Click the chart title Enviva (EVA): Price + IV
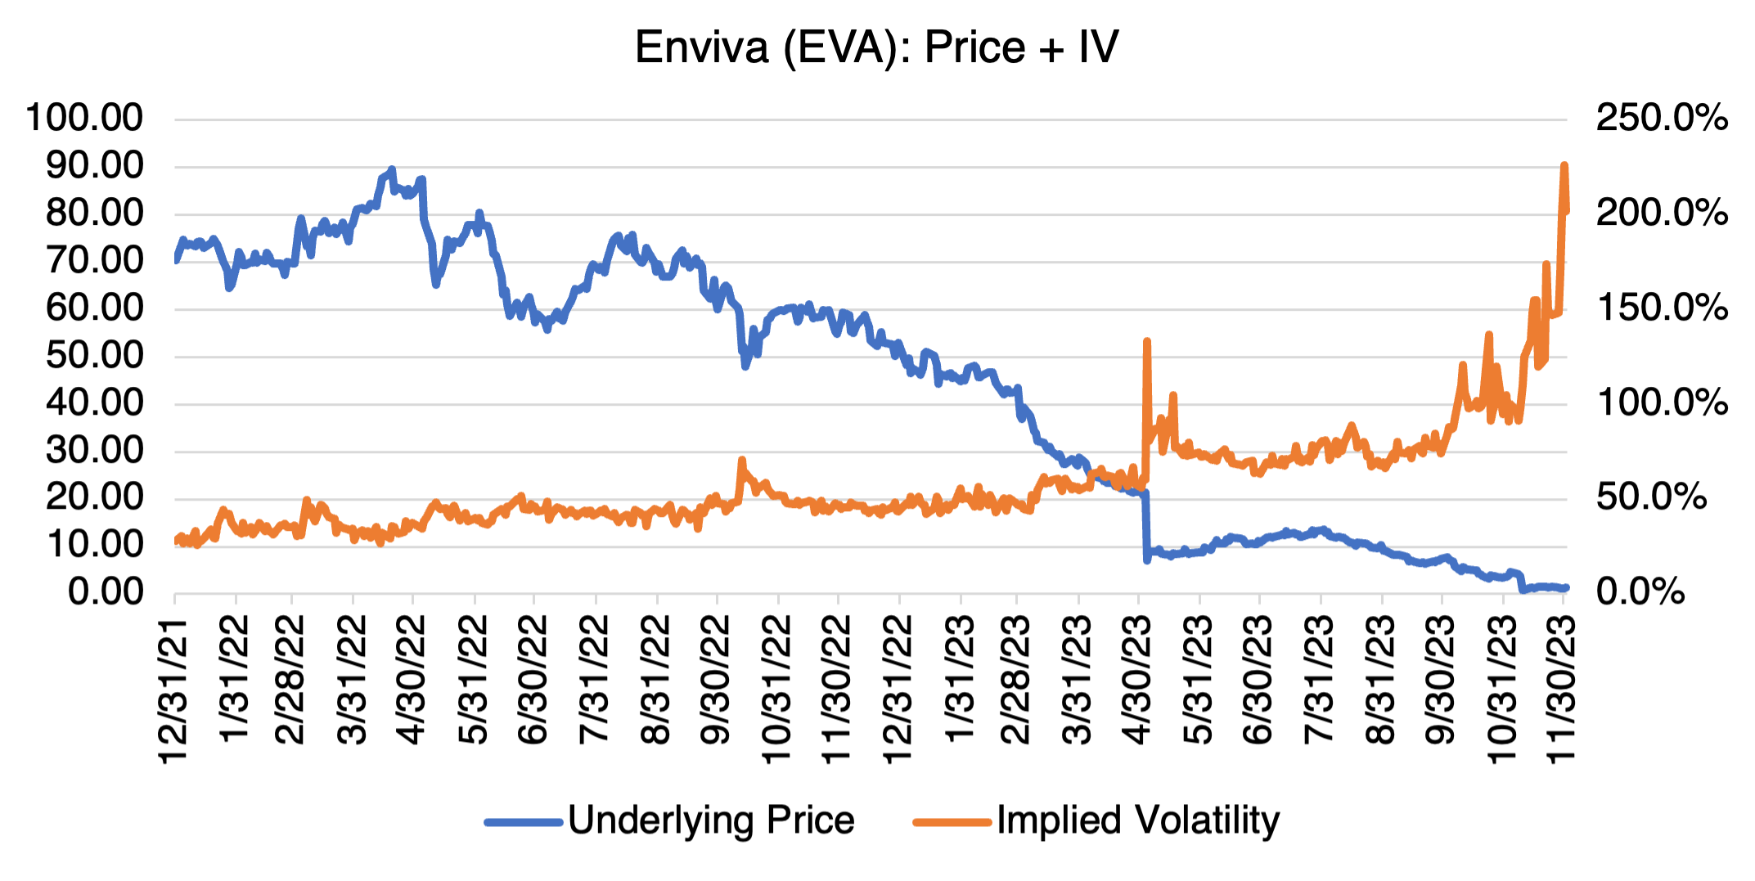(x=876, y=47)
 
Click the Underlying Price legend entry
(x=710, y=820)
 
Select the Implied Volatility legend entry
(x=1137, y=820)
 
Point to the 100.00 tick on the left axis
(x=84, y=118)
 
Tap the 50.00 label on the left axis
(x=94, y=356)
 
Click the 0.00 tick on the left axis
(x=105, y=591)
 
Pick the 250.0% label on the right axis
(x=1661, y=118)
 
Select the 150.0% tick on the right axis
(x=1661, y=308)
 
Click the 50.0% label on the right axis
(x=1651, y=497)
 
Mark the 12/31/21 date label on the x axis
(x=173, y=691)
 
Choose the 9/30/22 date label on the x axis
(x=715, y=681)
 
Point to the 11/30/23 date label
(x=1561, y=691)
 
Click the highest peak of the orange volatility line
(x=1564, y=166)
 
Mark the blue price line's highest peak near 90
(x=392, y=169)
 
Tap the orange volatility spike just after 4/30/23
(x=1147, y=341)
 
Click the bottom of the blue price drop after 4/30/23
(x=1147, y=560)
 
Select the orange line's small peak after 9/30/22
(x=742, y=460)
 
